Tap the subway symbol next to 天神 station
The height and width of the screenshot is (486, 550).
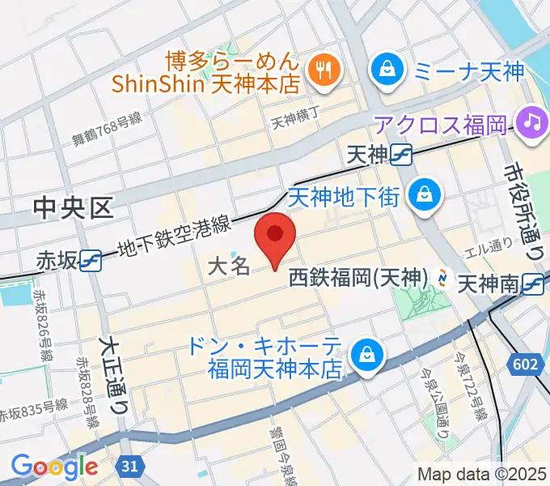click(x=400, y=154)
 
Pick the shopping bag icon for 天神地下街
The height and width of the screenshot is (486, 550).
click(x=422, y=195)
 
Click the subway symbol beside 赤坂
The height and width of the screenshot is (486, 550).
click(x=91, y=259)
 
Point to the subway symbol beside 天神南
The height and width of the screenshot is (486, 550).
click(x=531, y=283)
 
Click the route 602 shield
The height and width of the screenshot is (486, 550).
click(x=526, y=365)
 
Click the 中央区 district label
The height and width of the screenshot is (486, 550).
click(x=73, y=209)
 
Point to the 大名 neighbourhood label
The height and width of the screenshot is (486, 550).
click(x=229, y=266)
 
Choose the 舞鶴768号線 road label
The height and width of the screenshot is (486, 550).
click(x=108, y=128)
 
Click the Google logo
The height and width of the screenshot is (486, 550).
click(x=54, y=466)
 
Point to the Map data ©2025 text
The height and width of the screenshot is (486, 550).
click(x=482, y=474)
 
